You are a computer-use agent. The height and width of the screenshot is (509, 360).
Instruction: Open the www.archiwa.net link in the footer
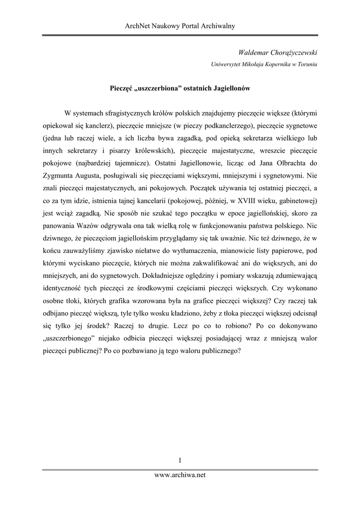pyautogui.click(x=180, y=475)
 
